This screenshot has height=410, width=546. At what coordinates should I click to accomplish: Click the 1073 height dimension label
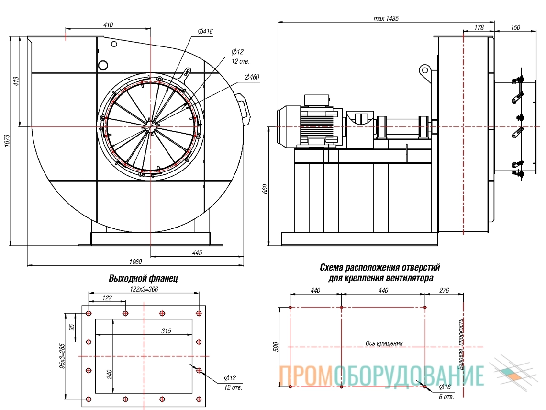[x=8, y=141]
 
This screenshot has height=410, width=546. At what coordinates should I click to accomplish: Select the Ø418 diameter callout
[x=205, y=32]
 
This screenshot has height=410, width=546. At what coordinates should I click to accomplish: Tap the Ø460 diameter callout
[x=252, y=77]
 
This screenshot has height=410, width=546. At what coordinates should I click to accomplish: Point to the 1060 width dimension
[x=135, y=262]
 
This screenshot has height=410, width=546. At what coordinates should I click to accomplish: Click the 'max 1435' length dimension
[x=386, y=19]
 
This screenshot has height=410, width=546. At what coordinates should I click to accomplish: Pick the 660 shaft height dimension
[x=265, y=189]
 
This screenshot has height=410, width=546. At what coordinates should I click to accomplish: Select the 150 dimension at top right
[x=515, y=28]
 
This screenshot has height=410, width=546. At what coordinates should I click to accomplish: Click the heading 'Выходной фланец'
[x=144, y=278]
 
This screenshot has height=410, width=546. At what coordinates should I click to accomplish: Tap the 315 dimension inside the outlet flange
[x=166, y=330]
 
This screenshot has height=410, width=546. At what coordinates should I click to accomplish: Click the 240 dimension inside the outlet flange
[x=109, y=375]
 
